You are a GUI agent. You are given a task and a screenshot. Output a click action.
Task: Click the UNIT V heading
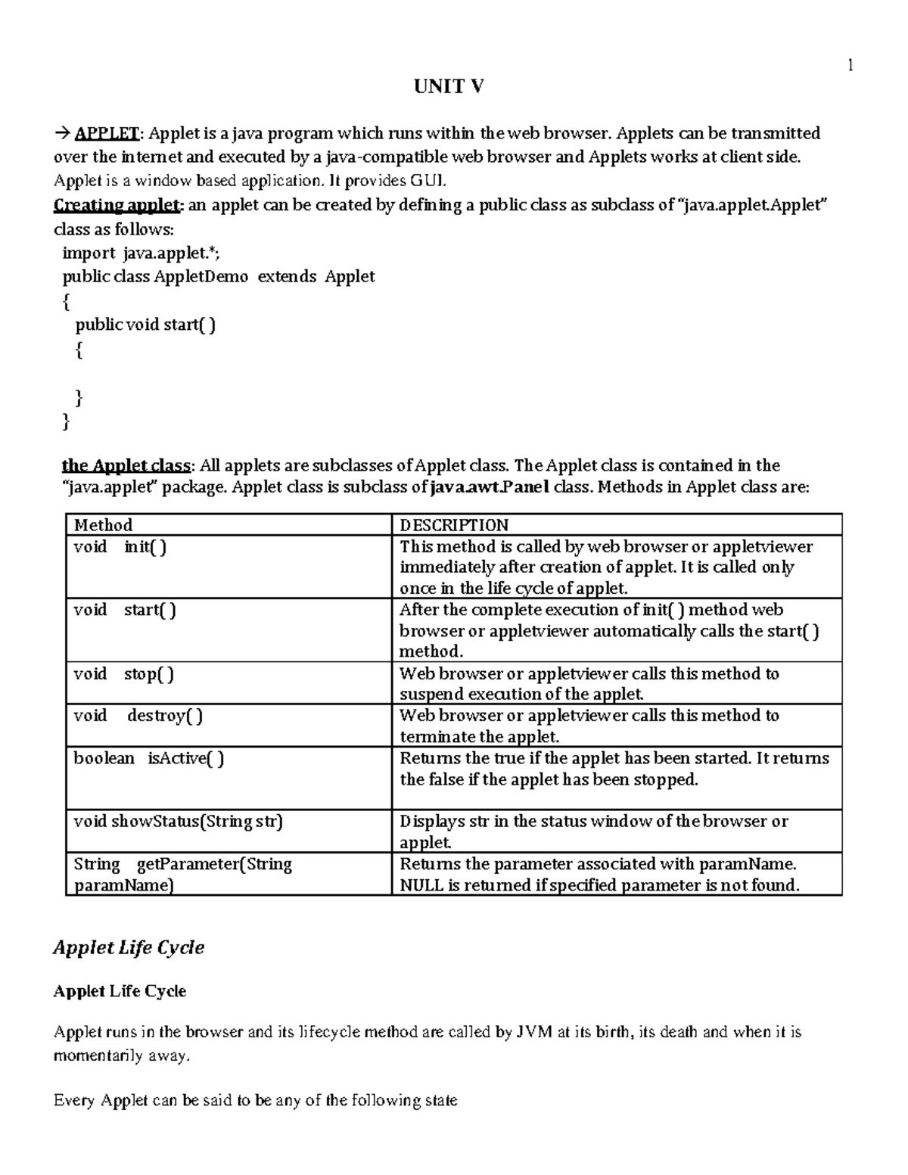448,87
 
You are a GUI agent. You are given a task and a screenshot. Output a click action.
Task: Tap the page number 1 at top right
850,65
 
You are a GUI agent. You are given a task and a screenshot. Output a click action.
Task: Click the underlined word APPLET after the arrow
106,134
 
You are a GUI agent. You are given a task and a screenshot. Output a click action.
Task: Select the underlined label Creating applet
117,205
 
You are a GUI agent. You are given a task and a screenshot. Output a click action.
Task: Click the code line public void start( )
145,325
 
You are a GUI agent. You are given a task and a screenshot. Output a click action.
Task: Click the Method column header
103,525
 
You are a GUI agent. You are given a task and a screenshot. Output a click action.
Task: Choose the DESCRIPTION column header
454,525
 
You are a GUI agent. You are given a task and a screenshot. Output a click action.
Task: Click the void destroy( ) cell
138,716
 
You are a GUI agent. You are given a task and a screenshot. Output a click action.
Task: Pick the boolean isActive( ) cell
148,759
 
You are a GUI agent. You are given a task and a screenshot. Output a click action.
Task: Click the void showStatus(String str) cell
178,822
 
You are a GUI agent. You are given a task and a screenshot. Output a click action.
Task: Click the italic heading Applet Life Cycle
129,948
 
